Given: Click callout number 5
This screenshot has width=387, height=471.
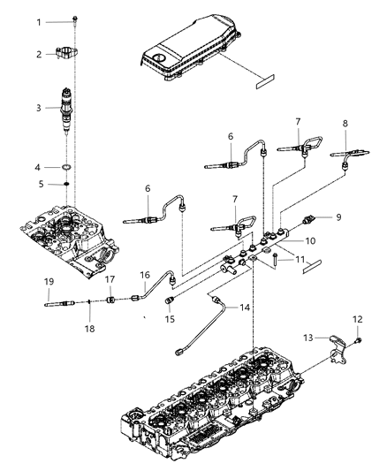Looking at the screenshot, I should tap(40, 184).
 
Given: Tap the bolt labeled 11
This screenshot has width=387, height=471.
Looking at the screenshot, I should tap(277, 259).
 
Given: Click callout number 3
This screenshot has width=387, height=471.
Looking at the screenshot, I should tap(40, 108).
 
